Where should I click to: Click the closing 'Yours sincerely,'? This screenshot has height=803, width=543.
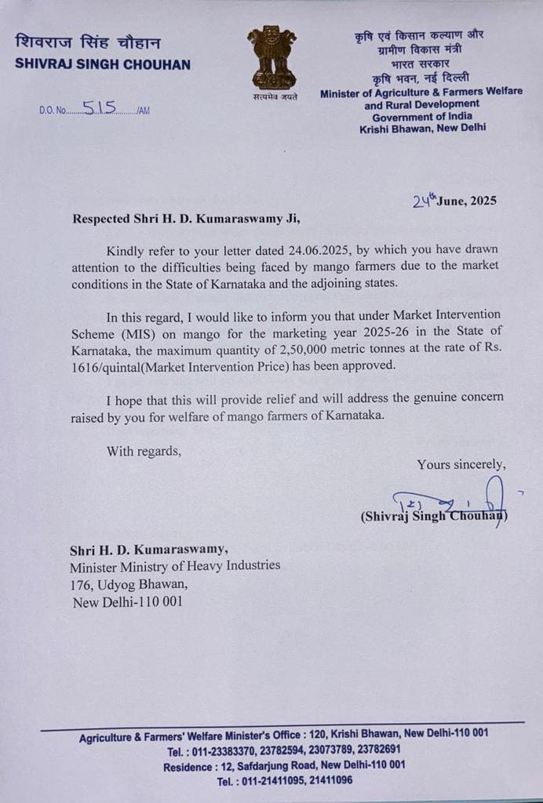pos(461,464)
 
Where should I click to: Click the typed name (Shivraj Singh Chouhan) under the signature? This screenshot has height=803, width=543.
pos(434,516)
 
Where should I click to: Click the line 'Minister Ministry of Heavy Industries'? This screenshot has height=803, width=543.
pos(175,565)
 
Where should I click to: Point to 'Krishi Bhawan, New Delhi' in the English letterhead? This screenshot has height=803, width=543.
pos(422,128)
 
